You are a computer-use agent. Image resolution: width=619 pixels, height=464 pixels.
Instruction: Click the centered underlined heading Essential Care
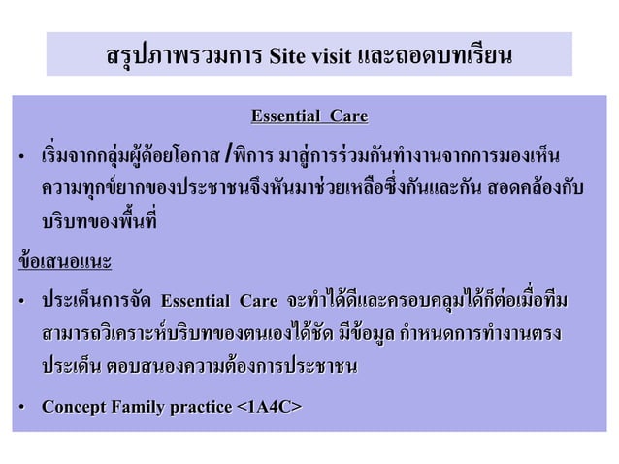click(x=309, y=118)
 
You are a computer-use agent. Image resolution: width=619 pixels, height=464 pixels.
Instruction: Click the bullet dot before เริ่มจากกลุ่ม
click(x=20, y=157)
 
